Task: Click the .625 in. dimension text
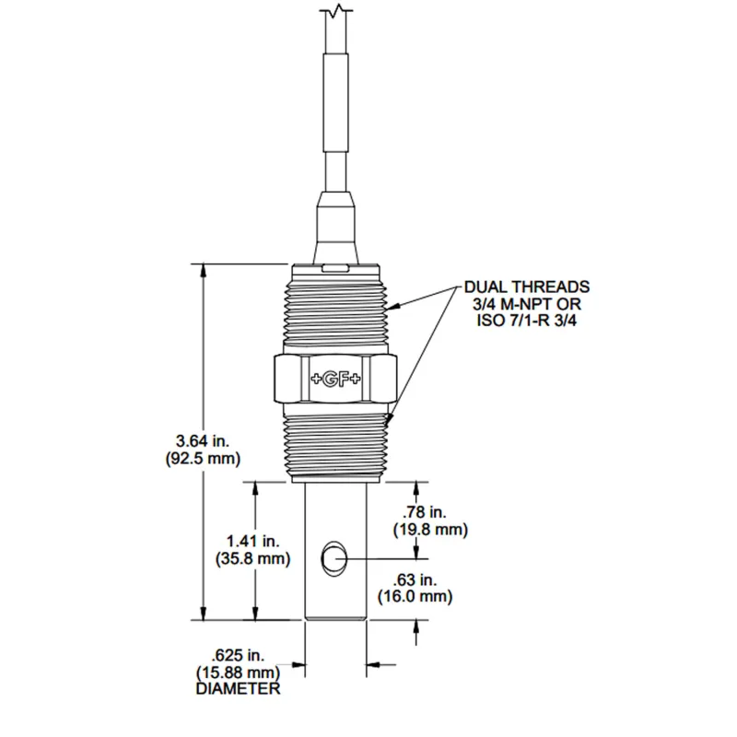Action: [x=239, y=655]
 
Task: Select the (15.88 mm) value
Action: [x=239, y=672]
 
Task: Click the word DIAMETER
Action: [x=239, y=688]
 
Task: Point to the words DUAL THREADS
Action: [x=526, y=287]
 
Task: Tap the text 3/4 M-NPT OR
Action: [x=526, y=304]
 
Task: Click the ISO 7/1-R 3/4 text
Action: [x=526, y=321]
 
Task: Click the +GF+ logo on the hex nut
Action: [x=335, y=377]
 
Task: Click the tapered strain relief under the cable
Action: [x=335, y=226]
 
